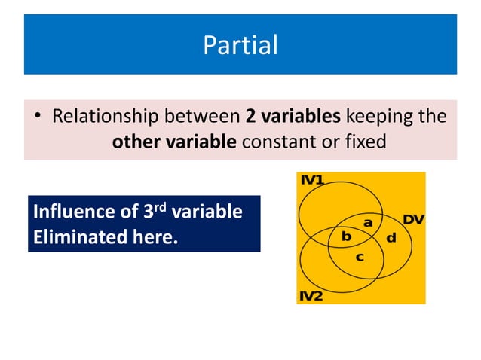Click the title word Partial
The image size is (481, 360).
pos(240,46)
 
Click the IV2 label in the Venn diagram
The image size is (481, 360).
pos(311,296)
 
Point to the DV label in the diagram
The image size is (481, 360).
pos(412,219)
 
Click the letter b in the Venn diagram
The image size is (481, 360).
pos(346,236)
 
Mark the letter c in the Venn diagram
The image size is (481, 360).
pos(360,257)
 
